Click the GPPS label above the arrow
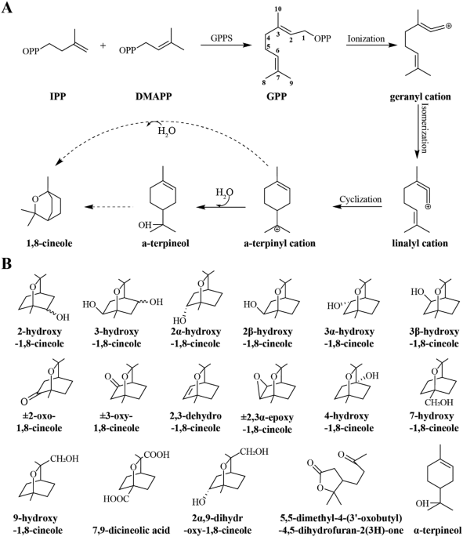point(222,38)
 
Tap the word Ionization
point(366,38)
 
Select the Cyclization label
point(360,199)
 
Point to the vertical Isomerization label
point(424,128)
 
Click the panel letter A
point(7,7)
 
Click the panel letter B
point(6,263)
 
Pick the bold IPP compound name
point(57,96)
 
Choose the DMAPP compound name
point(154,96)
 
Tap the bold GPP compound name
point(277,96)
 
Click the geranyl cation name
point(420,96)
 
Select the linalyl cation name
point(420,243)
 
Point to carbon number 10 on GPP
point(278,9)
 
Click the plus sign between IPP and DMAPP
point(103,45)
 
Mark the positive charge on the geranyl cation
point(448,26)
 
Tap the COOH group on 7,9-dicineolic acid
point(157,455)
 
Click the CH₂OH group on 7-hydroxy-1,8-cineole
point(439,402)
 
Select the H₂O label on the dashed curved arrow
point(167,131)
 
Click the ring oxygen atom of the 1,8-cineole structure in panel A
point(34,199)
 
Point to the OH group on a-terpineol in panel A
point(145,225)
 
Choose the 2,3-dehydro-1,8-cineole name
point(195,422)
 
